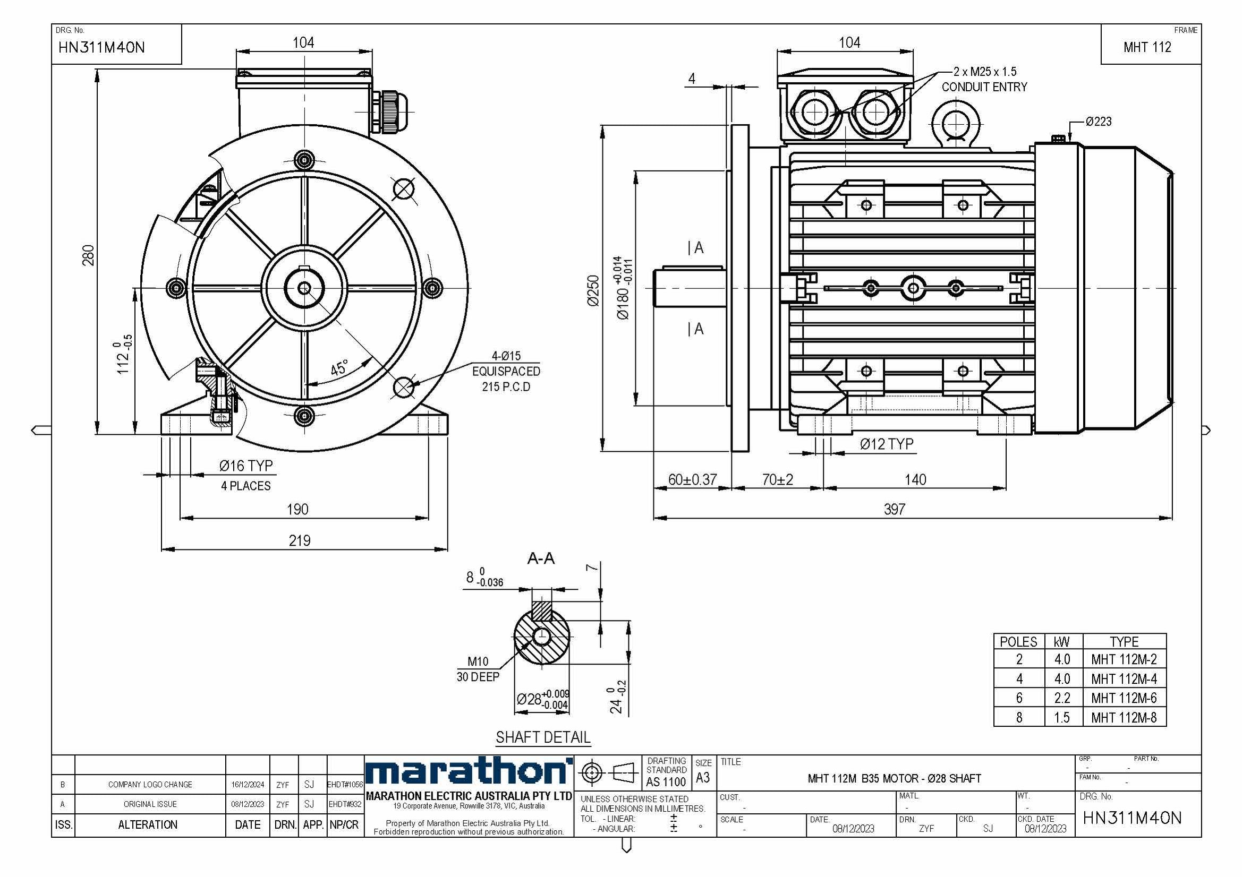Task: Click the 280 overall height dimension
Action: coord(88,255)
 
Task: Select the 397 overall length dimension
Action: coord(894,509)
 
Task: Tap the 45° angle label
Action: coord(339,368)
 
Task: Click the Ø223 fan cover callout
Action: coord(1098,122)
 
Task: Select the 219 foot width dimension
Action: coord(299,540)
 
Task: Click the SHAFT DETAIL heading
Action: coord(542,737)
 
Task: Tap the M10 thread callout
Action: coord(478,661)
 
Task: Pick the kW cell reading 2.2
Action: coord(1062,698)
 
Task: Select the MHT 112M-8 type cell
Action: coord(1124,718)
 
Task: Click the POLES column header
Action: coord(1018,642)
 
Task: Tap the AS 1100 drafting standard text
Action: coord(666,782)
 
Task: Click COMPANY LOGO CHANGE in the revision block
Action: coord(150,785)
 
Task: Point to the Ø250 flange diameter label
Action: coord(593,291)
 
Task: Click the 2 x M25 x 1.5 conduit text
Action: coord(984,72)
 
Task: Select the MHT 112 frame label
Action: coord(1147,48)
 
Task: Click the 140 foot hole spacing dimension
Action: coord(915,479)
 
